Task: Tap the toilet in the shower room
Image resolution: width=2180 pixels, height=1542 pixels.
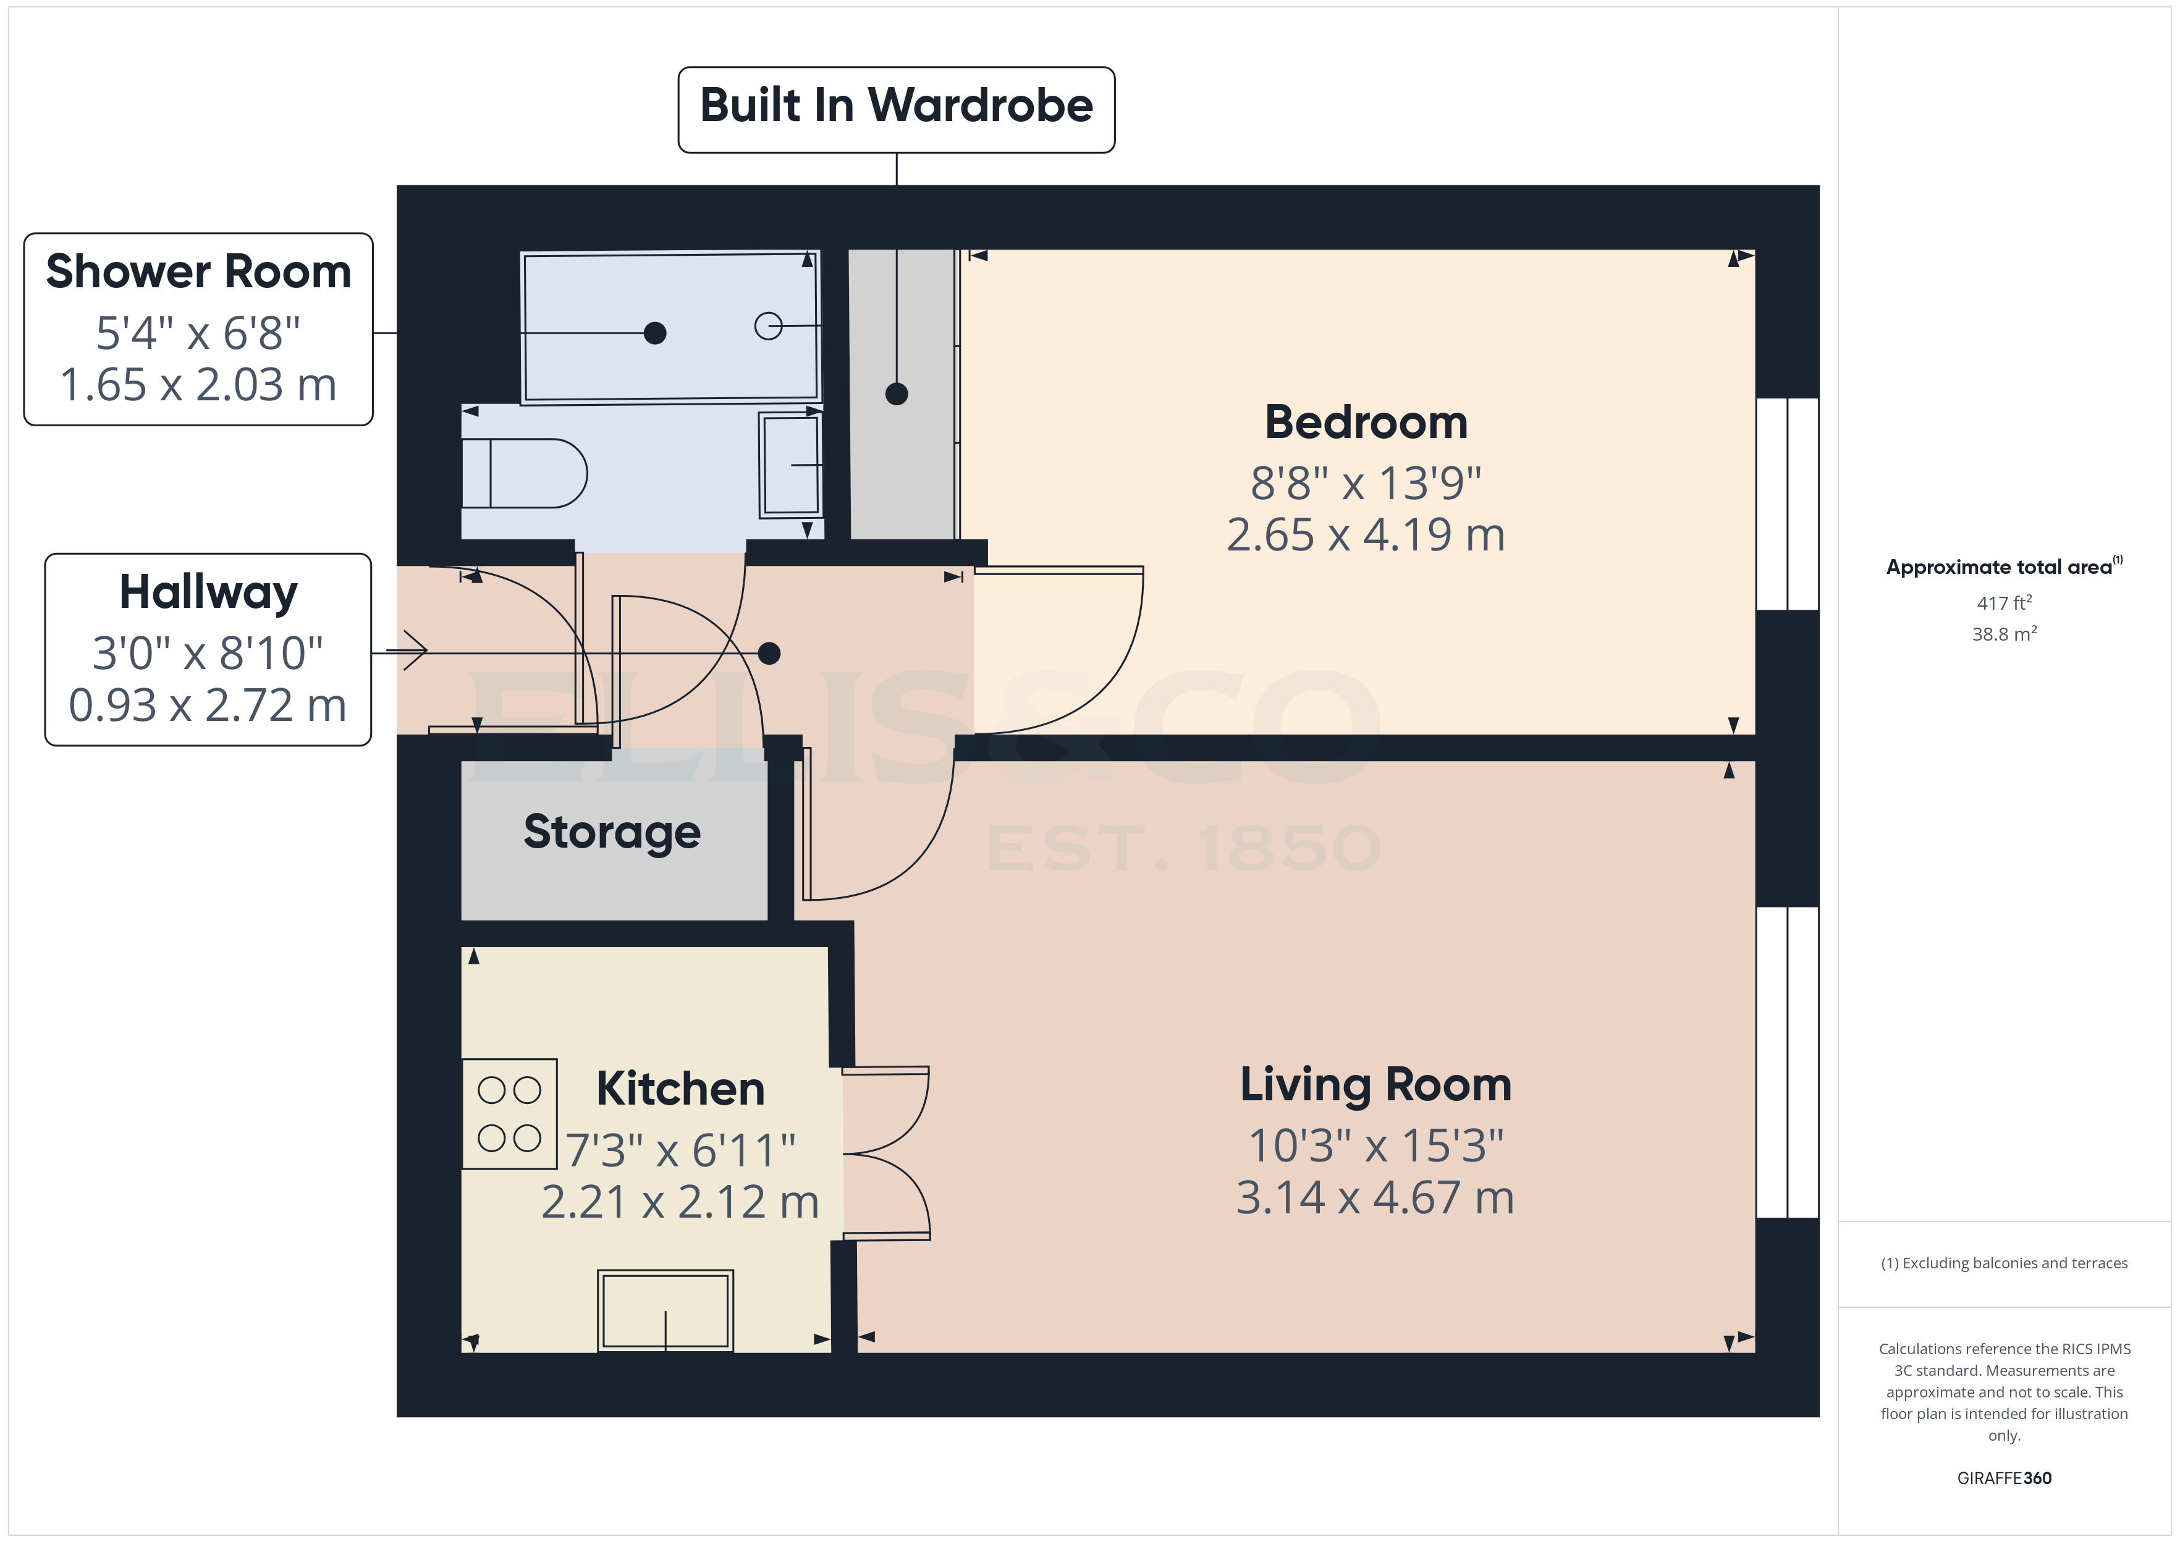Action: (524, 473)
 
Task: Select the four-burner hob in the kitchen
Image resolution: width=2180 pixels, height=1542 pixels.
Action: (509, 1114)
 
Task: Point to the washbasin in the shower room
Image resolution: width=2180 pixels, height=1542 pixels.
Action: (789, 465)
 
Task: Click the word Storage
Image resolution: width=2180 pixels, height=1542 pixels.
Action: (612, 833)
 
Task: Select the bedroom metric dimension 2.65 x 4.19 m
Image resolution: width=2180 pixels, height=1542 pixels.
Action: (1366, 534)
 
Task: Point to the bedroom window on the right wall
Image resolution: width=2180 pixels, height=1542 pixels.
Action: (1787, 503)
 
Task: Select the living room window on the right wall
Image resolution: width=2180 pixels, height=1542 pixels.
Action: (1787, 1061)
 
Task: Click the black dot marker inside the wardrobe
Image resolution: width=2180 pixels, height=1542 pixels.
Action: (897, 393)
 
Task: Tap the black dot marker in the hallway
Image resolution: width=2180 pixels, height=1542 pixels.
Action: (769, 653)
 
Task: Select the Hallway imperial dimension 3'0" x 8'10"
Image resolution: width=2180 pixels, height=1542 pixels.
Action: (208, 653)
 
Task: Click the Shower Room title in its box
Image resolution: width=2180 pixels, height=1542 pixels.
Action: (198, 272)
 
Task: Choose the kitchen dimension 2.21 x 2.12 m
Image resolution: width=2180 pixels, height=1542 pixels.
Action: (680, 1202)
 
